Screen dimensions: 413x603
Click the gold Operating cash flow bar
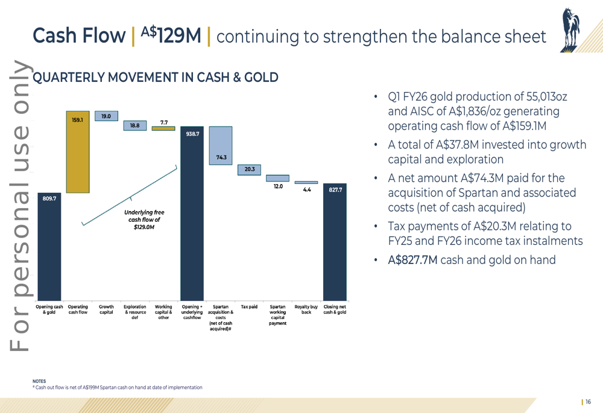77,152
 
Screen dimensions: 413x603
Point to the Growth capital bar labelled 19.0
106,116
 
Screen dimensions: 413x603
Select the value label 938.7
192,134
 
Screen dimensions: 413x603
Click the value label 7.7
163,122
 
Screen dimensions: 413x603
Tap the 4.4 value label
306,190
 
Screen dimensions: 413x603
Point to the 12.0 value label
278,187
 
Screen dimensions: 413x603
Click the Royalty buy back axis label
306,309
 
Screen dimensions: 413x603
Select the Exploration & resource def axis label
134,312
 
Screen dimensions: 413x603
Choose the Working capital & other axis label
163,312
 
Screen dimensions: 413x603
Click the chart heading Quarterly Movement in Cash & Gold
155,77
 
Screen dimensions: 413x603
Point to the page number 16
587,402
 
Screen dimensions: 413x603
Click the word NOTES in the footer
39,381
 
